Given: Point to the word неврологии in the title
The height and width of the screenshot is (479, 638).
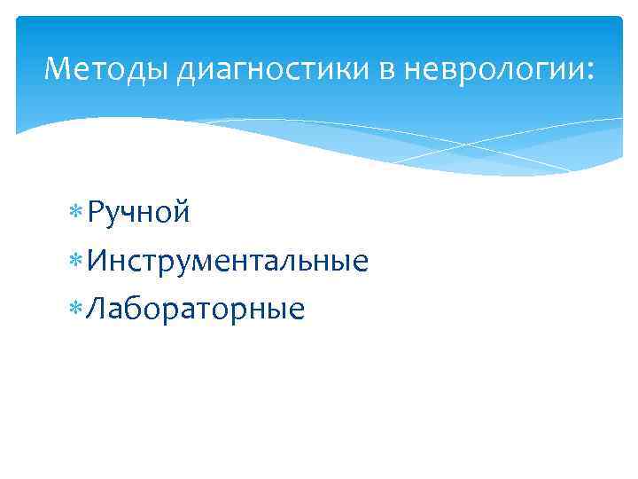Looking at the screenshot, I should pos(493,68).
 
